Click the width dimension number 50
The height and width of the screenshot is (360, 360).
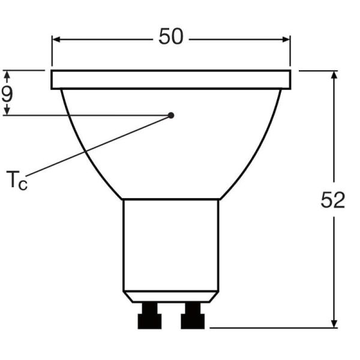pyautogui.click(x=170, y=37)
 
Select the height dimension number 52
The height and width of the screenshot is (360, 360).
pyautogui.click(x=333, y=201)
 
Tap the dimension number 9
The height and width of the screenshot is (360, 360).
pyautogui.click(x=7, y=93)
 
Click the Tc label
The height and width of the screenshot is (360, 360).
pyautogui.click(x=17, y=180)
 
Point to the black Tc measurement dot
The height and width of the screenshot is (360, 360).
pyautogui.click(x=171, y=115)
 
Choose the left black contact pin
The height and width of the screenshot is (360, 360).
pyautogui.click(x=149, y=316)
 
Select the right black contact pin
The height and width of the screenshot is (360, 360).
pyautogui.click(x=193, y=316)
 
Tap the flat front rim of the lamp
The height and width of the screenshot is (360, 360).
pyautogui.click(x=171, y=80)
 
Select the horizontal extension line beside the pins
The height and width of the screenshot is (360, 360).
pyautogui.click(x=270, y=328)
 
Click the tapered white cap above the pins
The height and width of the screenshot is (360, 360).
pyautogui.click(x=171, y=297)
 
